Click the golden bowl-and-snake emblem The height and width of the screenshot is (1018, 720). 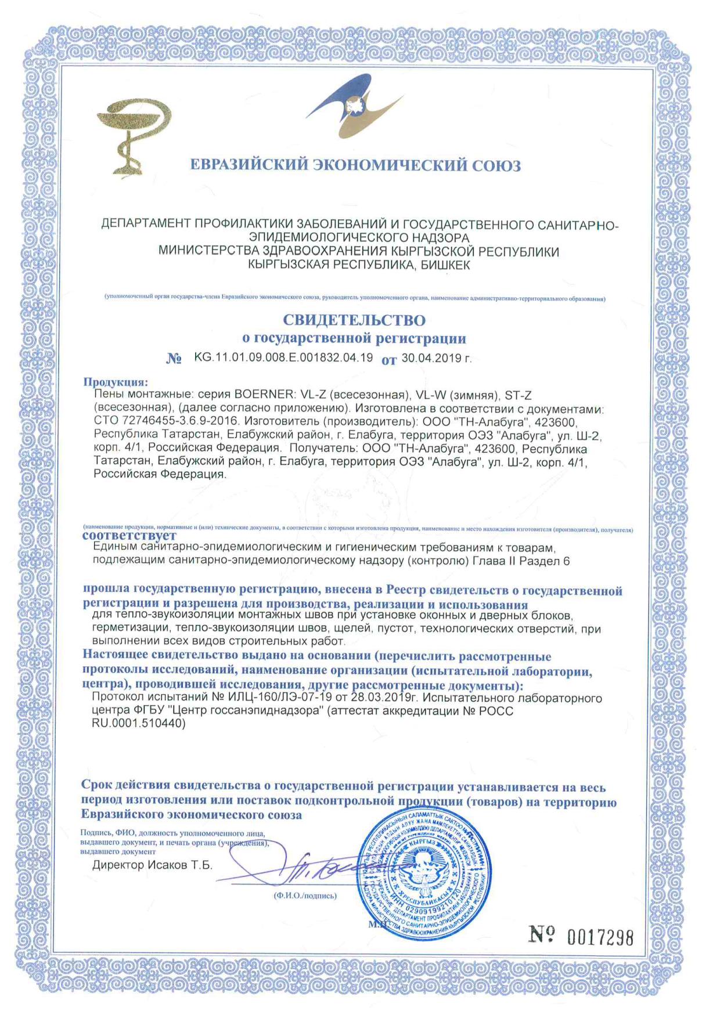(134, 136)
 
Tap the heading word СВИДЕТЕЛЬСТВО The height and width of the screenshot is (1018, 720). (354, 320)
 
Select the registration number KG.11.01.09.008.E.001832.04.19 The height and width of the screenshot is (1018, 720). (283, 358)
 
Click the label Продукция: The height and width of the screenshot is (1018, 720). (116, 382)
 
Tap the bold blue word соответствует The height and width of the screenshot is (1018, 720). (129, 535)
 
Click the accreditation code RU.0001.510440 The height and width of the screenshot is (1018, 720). (139, 724)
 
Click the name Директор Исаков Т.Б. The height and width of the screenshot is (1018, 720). (152, 865)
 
